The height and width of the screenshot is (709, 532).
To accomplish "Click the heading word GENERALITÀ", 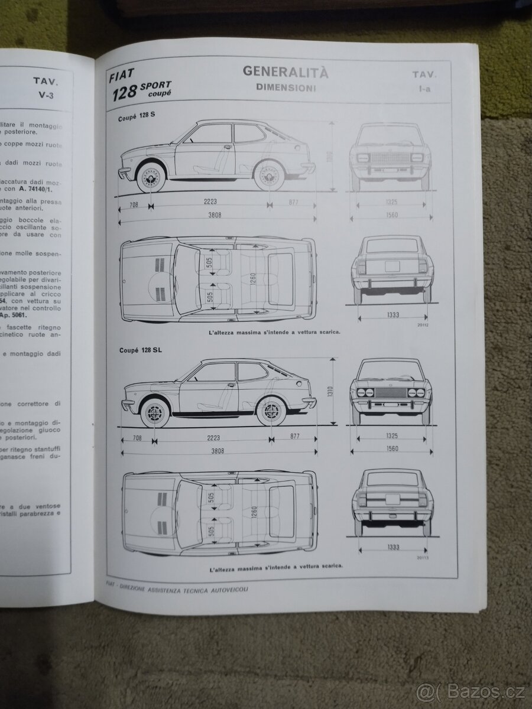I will pos(286,73).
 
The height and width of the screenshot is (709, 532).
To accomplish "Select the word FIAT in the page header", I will pos(122,74).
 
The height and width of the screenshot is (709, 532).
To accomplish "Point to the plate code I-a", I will pos(424,89).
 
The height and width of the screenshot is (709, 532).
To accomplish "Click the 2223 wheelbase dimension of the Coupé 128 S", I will pos(210,202).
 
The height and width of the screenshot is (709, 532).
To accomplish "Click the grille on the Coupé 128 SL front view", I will pos(390,392).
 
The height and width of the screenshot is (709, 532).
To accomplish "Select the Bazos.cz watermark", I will pos(471,691).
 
